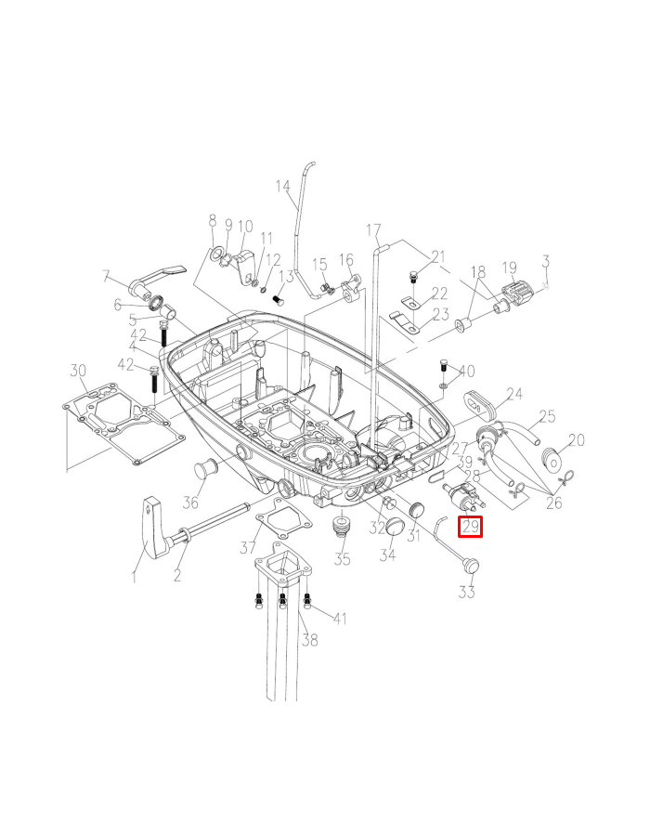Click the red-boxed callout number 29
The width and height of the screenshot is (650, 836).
(471, 527)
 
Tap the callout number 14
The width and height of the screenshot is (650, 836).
(283, 186)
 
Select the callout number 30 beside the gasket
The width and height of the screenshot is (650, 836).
(78, 370)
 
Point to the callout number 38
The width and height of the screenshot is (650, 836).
(309, 639)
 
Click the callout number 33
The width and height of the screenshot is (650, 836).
(467, 592)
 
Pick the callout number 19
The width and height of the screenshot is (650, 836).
(510, 268)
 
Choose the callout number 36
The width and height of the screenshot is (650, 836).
(190, 502)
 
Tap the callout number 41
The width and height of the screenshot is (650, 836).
(340, 618)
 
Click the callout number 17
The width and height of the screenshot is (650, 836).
(373, 230)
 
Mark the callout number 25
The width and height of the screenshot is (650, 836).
(547, 416)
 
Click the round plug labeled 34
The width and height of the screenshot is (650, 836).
(396, 528)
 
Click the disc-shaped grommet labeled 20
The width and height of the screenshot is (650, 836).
(553, 460)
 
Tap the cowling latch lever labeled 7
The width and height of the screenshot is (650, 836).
(158, 280)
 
